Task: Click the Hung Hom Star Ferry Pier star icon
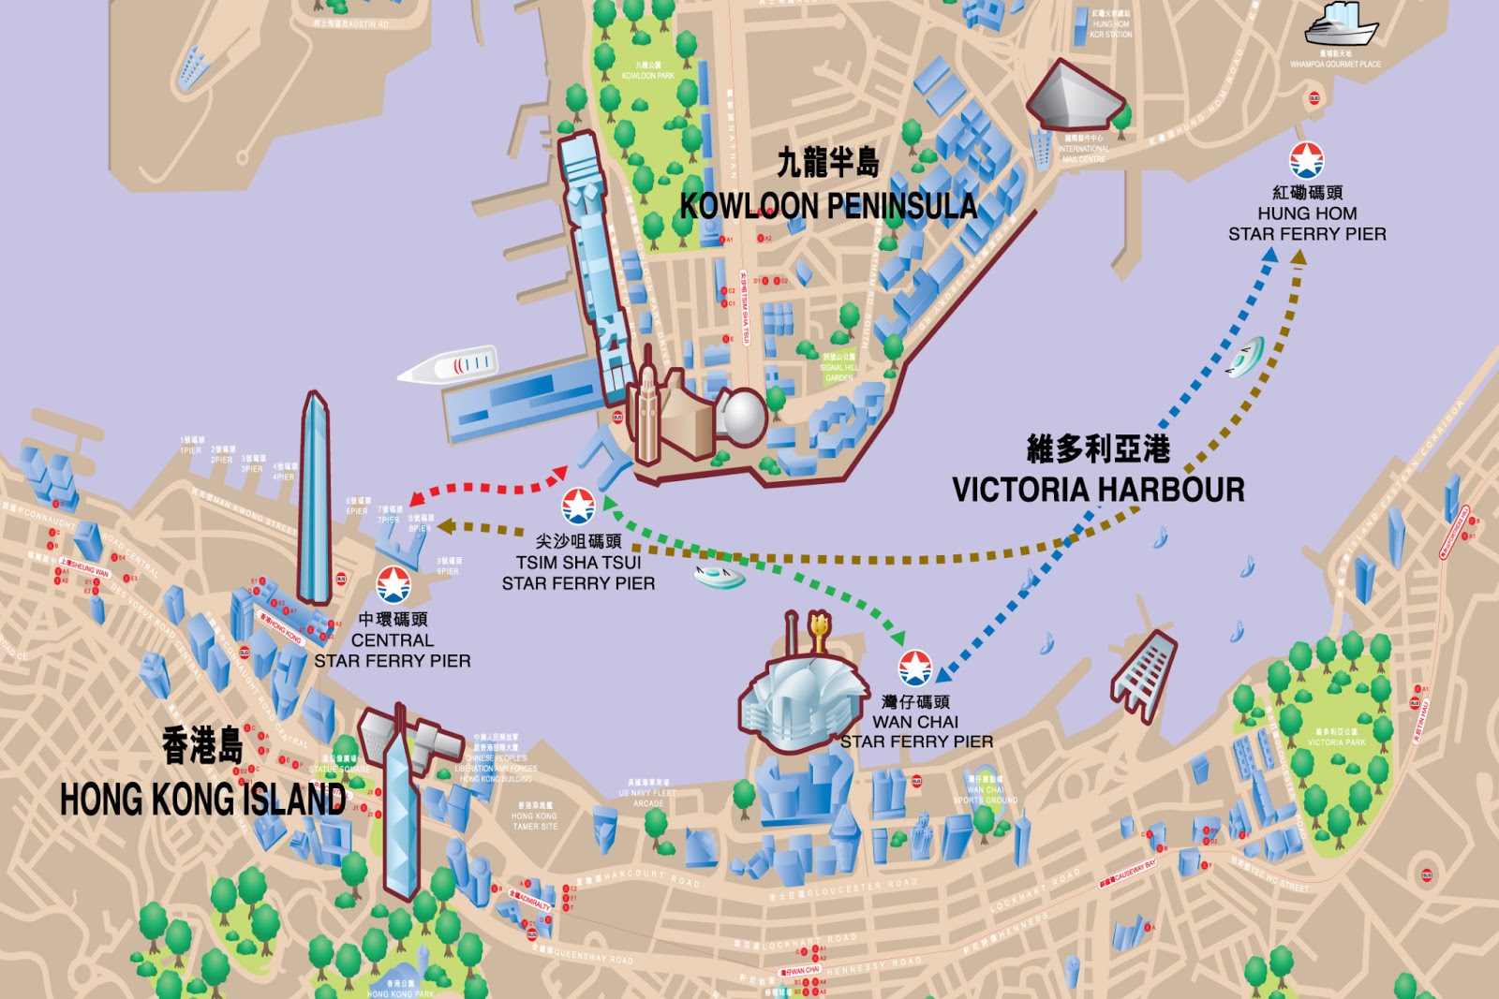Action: (x=1306, y=160)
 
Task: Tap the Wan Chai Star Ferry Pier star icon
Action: (x=914, y=668)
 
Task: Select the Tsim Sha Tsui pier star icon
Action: (x=578, y=506)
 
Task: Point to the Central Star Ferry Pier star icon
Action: (x=393, y=584)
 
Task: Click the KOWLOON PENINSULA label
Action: (x=828, y=205)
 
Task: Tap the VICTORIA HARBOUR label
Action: (x=1098, y=490)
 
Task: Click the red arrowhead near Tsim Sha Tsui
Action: (x=559, y=474)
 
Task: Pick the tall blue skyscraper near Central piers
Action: (x=314, y=501)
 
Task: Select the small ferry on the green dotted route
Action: (x=720, y=574)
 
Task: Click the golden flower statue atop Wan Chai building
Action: (x=819, y=629)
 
